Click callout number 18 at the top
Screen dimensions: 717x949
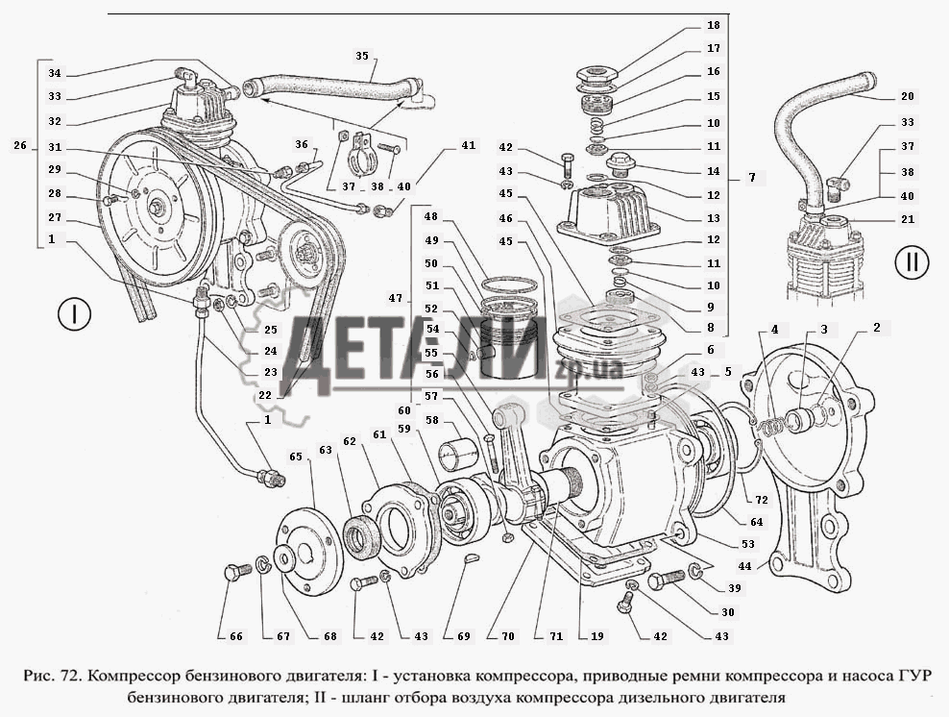(713, 25)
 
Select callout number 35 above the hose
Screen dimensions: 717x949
(362, 56)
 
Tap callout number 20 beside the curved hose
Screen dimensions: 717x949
(907, 96)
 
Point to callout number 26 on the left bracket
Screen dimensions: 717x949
(20, 146)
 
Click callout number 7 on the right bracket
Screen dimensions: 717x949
(752, 178)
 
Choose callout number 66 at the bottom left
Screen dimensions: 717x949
(236, 636)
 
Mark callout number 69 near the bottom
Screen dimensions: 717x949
(464, 636)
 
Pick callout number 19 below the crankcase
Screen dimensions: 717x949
(596, 636)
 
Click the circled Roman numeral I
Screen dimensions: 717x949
(74, 314)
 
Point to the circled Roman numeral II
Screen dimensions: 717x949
(910, 261)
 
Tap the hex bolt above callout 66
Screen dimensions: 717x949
(234, 572)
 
